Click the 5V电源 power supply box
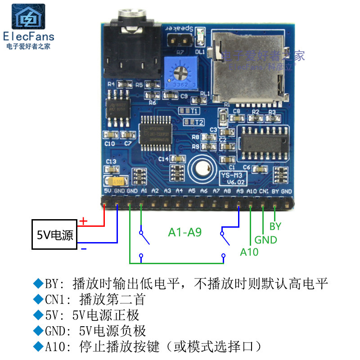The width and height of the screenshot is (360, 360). click(x=54, y=234)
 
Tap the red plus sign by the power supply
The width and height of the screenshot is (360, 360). click(x=83, y=221)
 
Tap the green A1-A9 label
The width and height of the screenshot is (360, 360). click(x=184, y=233)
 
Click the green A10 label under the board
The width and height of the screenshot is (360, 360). click(x=249, y=252)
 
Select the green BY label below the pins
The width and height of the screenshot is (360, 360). click(x=275, y=226)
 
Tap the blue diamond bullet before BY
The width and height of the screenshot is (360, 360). click(x=38, y=283)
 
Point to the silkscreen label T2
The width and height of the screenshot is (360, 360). click(x=199, y=122)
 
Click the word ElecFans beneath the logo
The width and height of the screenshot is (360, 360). click(x=28, y=37)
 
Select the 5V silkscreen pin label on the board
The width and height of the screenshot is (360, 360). click(x=107, y=191)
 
